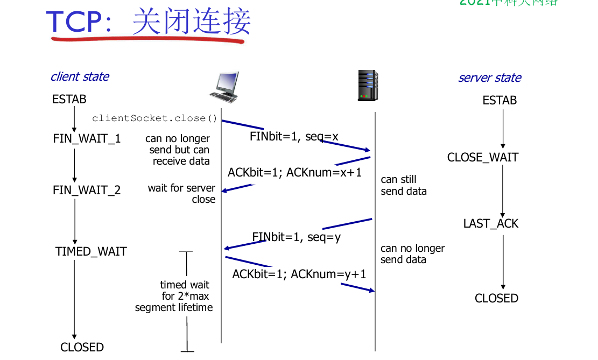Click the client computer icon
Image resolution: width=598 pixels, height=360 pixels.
coord(223,87)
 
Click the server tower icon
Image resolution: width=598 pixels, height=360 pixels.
coord(368,85)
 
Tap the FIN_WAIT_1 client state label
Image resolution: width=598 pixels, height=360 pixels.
coord(87,138)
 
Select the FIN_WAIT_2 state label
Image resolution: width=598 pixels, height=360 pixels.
coord(87,190)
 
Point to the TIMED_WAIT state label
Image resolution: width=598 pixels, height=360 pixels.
coord(90,251)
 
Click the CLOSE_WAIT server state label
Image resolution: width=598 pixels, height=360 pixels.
coord(482,157)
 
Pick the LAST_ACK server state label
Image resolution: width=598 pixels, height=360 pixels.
coord(490,223)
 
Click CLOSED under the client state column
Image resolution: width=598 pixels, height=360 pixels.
coord(82,347)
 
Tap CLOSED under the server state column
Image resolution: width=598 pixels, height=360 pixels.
coord(496,298)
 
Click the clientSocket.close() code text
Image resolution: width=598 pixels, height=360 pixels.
coord(154,118)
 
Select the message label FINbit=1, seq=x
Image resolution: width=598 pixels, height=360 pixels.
coord(294,136)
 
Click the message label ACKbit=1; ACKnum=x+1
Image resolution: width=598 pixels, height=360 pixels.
coord(294,172)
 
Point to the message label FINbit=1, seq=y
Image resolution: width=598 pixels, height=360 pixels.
coord(296,237)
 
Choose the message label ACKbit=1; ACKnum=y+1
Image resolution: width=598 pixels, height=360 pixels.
coord(299,274)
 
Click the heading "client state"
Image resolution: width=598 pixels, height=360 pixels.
coord(80,76)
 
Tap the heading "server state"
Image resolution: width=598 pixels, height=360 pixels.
coord(489,77)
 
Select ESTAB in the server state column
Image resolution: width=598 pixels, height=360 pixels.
coord(499,100)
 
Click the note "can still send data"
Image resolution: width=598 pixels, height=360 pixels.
coord(403,185)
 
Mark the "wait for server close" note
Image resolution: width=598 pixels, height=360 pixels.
coord(182,193)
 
